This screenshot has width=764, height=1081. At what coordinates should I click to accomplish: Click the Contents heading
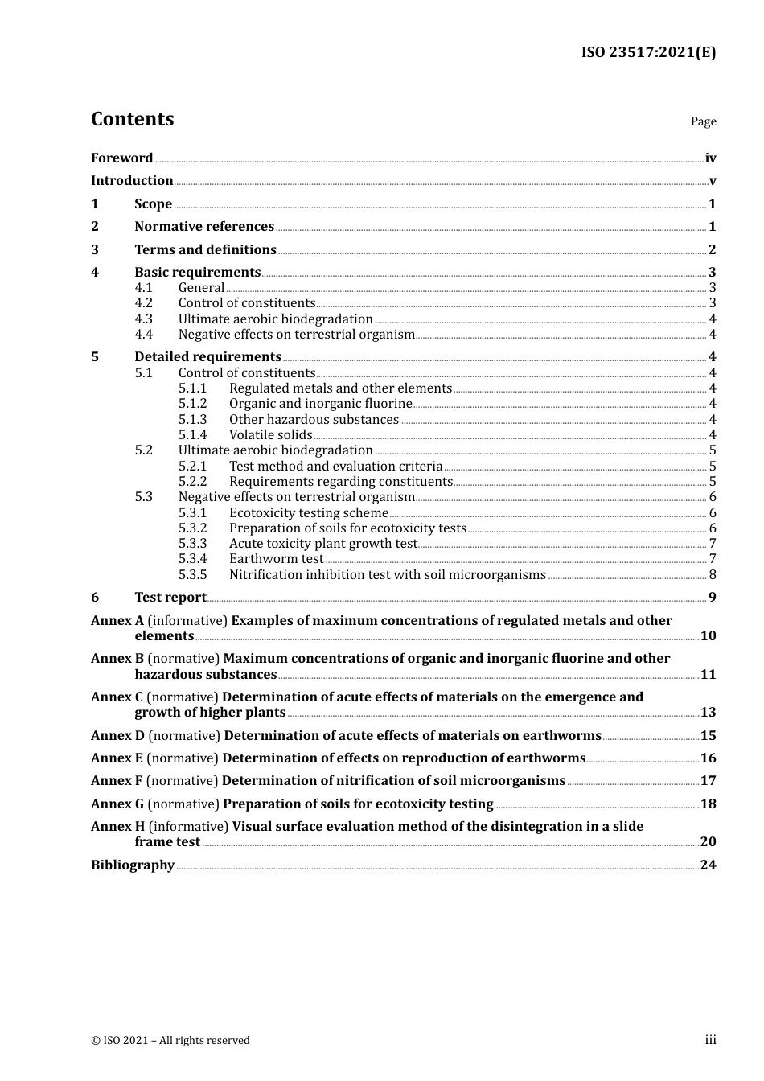tap(132, 119)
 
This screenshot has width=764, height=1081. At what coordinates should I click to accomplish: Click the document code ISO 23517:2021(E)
tap(648, 53)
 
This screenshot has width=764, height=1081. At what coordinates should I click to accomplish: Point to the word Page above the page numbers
tap(703, 121)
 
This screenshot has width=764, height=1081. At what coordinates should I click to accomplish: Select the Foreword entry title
tap(121, 158)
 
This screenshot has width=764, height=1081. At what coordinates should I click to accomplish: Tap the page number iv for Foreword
tap(710, 158)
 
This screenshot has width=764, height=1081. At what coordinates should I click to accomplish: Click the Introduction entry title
tap(132, 181)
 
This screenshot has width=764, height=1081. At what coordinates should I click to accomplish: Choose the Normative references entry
tap(204, 227)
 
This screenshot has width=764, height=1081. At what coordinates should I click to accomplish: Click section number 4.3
tap(143, 319)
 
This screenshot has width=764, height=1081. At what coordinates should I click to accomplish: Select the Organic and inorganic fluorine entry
tap(320, 404)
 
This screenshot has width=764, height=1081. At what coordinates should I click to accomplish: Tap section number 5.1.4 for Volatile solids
tap(192, 435)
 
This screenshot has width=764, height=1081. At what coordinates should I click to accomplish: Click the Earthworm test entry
tap(276, 559)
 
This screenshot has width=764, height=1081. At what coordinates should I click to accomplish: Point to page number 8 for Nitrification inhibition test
tap(713, 575)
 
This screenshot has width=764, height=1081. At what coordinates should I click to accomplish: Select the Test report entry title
tap(170, 598)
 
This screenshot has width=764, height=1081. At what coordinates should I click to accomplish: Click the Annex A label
tap(117, 621)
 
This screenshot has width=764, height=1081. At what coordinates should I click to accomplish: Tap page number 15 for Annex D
tap(708, 736)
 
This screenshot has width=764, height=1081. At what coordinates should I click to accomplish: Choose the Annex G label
tap(117, 804)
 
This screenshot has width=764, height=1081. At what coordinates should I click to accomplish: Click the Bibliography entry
tap(133, 865)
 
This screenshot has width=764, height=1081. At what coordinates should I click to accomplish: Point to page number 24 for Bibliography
tap(708, 865)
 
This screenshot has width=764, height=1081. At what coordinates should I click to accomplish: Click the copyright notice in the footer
tap(170, 1041)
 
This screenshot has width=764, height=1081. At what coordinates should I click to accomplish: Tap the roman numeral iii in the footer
tap(710, 1040)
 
